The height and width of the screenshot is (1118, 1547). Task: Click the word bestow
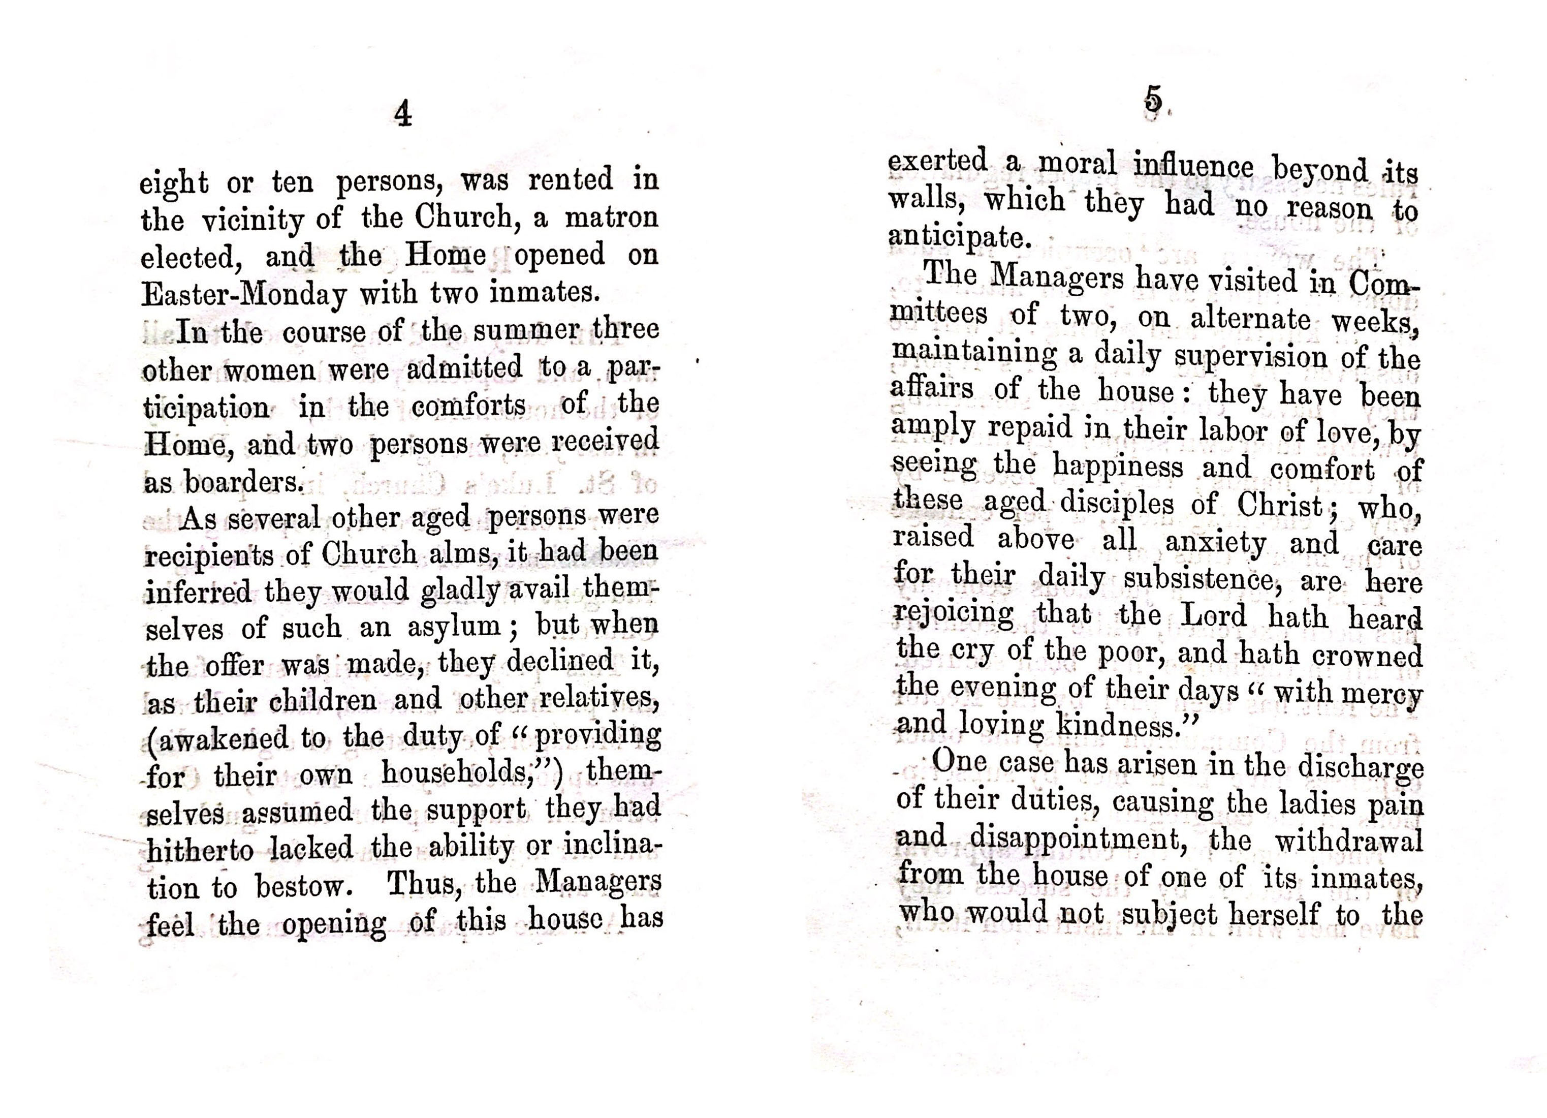pos(302,887)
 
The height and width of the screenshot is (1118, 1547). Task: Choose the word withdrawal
pos(1348,842)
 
